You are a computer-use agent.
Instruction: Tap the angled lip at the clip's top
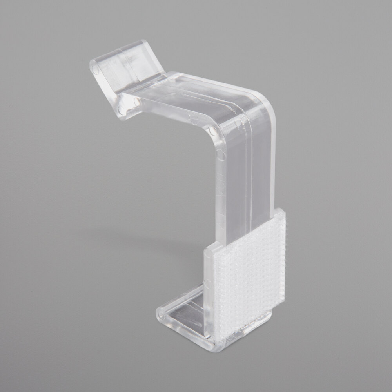(x=122, y=67)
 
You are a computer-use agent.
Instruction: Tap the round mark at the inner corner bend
(x=212, y=131)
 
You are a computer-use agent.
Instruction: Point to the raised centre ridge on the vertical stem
(x=247, y=165)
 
